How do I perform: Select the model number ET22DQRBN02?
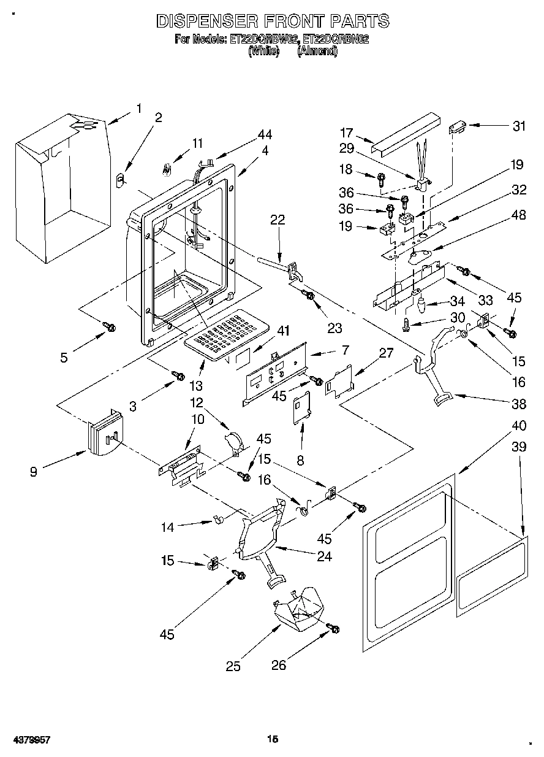coord(336,39)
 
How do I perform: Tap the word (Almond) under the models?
coord(317,51)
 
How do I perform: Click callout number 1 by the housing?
coord(138,109)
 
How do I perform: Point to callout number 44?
coord(265,134)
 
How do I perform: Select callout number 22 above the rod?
coord(278,220)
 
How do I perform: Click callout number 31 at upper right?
coord(519,126)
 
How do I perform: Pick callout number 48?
coord(519,215)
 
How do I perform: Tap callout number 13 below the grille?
coord(196,385)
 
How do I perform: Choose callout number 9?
coord(34,472)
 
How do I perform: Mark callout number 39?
coord(519,447)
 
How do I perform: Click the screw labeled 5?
coord(110,327)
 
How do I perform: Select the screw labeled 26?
coord(333,628)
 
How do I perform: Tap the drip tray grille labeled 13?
coord(227,335)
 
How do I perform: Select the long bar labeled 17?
coord(406,135)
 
